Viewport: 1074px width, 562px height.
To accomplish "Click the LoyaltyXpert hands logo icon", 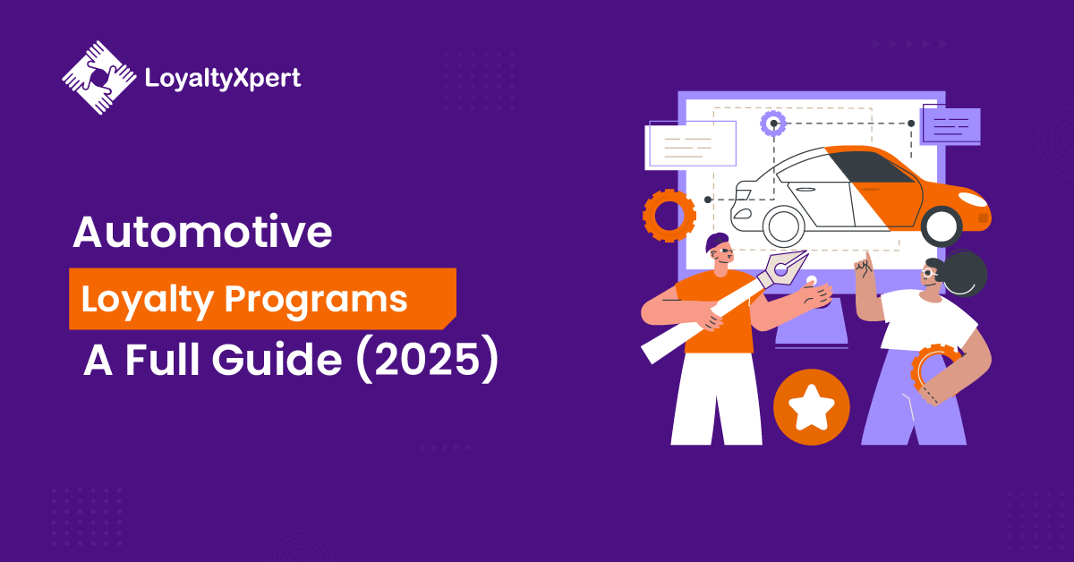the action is pyautogui.click(x=99, y=78).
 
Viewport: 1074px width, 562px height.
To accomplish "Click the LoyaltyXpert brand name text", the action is pyautogui.click(x=223, y=79).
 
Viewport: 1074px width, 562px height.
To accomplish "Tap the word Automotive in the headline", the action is pyautogui.click(x=202, y=232).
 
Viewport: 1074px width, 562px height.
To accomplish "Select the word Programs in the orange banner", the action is pyautogui.click(x=316, y=300).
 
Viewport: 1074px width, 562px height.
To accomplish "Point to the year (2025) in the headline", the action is pyautogui.click(x=428, y=360).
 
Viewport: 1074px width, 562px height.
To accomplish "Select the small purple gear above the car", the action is pyautogui.click(x=773, y=123).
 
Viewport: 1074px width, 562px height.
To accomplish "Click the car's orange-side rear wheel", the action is pyautogui.click(x=942, y=226).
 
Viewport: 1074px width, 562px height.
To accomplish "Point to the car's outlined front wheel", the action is pyautogui.click(x=783, y=226).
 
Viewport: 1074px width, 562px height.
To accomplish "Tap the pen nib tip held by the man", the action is pyautogui.click(x=807, y=251).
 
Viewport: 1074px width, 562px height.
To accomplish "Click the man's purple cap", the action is pyautogui.click(x=716, y=242).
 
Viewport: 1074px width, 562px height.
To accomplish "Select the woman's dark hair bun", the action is pyautogui.click(x=965, y=273).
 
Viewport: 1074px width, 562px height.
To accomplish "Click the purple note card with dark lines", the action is pyautogui.click(x=951, y=125).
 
